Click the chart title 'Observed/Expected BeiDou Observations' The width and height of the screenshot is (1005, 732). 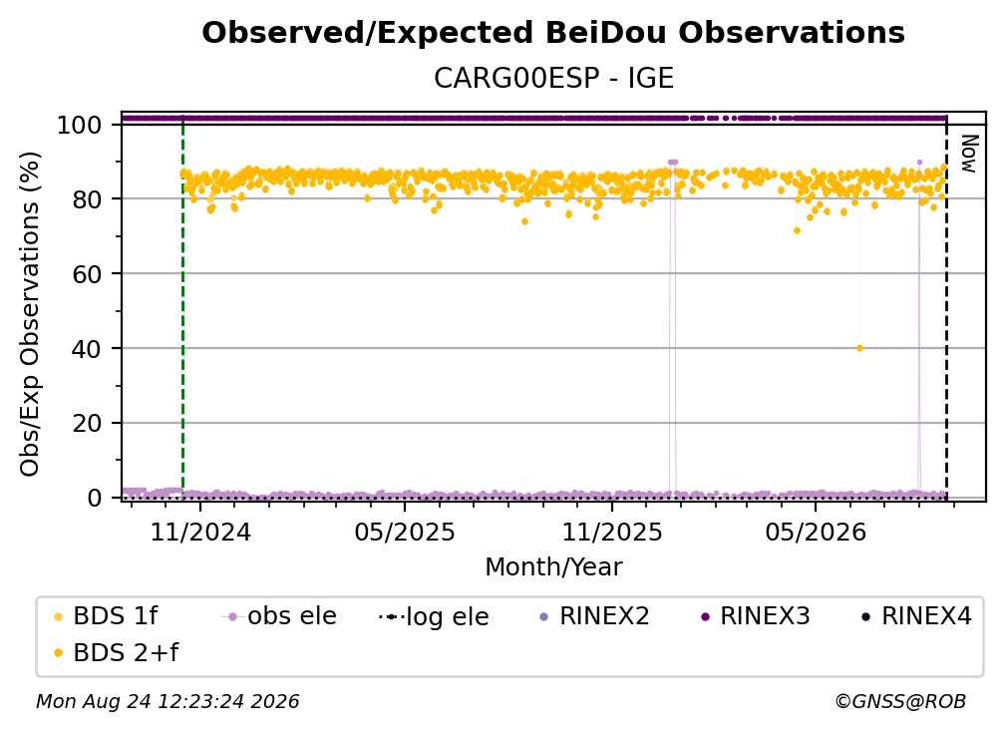[x=553, y=33]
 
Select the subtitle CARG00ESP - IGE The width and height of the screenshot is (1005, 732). [x=553, y=78]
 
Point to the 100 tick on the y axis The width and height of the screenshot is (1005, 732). [x=80, y=125]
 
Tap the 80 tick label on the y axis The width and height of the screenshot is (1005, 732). [x=87, y=199]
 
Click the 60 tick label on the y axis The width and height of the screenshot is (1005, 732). [x=87, y=273]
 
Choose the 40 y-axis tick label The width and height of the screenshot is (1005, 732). [x=87, y=349]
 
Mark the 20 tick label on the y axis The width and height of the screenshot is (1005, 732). [x=87, y=423]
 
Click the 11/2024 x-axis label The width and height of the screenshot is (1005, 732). [x=200, y=532]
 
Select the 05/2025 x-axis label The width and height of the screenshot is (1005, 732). [x=405, y=532]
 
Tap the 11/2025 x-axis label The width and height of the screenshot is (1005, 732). [x=612, y=532]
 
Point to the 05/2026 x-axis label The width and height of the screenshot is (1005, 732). [x=816, y=532]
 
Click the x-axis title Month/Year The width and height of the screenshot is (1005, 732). [x=553, y=566]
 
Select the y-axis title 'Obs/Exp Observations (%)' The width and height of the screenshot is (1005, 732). [x=30, y=313]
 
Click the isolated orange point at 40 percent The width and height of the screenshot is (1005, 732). [x=859, y=348]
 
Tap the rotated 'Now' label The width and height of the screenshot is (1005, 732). [x=969, y=154]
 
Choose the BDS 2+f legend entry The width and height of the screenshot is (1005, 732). [x=116, y=652]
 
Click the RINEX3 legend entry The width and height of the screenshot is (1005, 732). [x=756, y=616]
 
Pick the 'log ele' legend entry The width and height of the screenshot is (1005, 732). [x=434, y=616]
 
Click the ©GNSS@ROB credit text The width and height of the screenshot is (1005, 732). [x=900, y=701]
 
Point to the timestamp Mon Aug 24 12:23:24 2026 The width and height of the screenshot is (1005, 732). [x=167, y=701]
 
